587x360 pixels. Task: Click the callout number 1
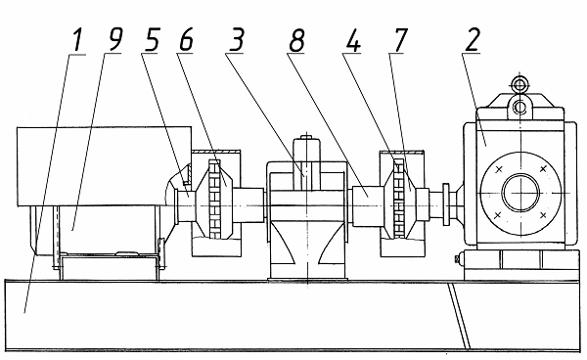(77, 40)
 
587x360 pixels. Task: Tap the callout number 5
(153, 39)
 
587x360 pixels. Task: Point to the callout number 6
(187, 39)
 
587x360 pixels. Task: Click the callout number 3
(236, 39)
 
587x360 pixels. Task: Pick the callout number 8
(296, 40)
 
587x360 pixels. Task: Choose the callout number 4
(353, 40)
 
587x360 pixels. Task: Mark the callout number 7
(399, 40)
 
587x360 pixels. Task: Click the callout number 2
(473, 40)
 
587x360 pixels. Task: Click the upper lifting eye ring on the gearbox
(519, 84)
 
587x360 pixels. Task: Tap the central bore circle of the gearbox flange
(520, 193)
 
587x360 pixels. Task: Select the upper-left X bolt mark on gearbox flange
(499, 170)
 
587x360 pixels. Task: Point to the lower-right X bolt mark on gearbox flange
(544, 215)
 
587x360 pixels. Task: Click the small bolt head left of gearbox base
(457, 258)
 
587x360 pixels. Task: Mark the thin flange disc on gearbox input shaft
(446, 204)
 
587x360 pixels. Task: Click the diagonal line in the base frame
(459, 315)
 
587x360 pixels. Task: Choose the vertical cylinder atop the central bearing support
(307, 164)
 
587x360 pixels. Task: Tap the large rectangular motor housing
(104, 166)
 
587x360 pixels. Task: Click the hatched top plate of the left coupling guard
(215, 152)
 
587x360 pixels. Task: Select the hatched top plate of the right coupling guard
(402, 152)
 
